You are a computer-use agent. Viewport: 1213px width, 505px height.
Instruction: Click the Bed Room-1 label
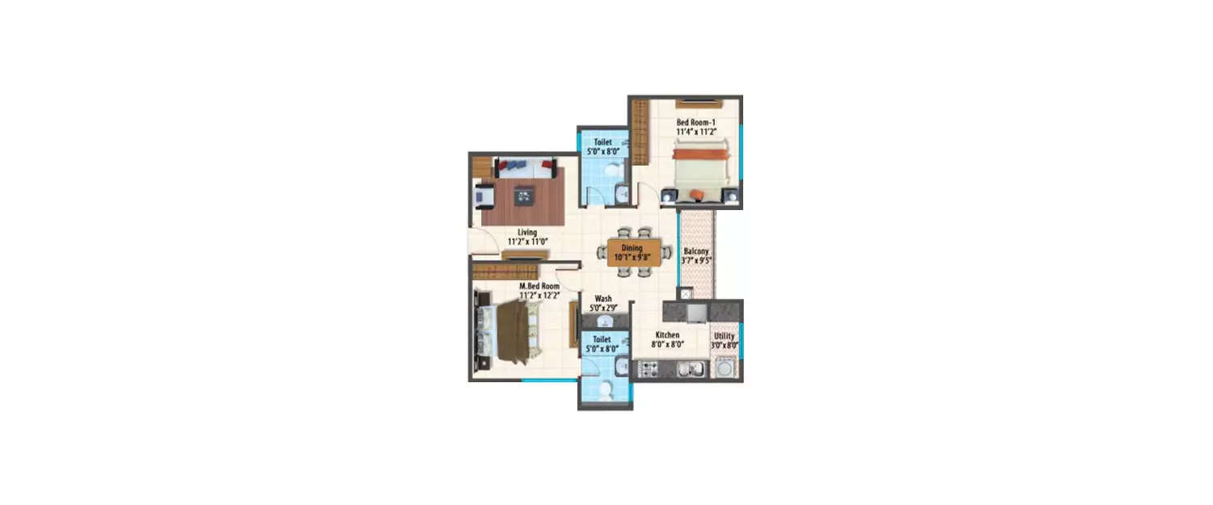pyautogui.click(x=696, y=124)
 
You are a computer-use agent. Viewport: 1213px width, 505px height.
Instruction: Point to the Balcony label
pyautogui.click(x=695, y=251)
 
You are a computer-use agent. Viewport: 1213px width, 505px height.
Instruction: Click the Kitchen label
pyautogui.click(x=667, y=335)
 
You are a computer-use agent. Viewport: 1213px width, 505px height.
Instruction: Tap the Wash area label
pyautogui.click(x=602, y=297)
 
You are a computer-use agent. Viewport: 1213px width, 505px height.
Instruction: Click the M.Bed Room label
pyautogui.click(x=539, y=286)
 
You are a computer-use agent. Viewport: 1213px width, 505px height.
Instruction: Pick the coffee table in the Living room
pyautogui.click(x=524, y=194)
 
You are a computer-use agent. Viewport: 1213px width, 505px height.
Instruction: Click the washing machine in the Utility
pyautogui.click(x=725, y=369)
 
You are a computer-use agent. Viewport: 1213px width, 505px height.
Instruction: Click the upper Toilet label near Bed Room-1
pyautogui.click(x=602, y=141)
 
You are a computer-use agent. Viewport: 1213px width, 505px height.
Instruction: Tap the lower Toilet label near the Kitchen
pyautogui.click(x=602, y=340)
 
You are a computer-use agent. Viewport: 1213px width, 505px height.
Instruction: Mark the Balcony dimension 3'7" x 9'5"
pyautogui.click(x=695, y=261)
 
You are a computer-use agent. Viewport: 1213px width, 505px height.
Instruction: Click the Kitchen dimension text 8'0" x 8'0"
pyautogui.click(x=667, y=344)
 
